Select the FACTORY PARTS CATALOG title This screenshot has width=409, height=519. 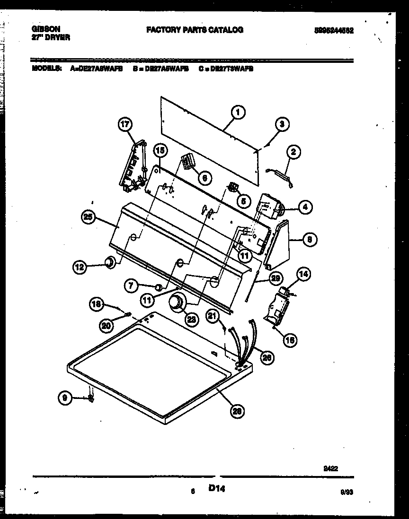click(195, 30)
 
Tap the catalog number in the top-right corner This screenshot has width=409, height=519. click(334, 30)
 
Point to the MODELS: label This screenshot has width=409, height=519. click(46, 68)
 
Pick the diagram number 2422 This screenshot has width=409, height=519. click(330, 469)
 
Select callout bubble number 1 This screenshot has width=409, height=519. click(238, 112)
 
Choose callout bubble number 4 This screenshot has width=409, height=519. click(305, 207)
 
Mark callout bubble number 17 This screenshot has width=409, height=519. click(125, 125)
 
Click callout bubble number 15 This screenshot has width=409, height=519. click(160, 151)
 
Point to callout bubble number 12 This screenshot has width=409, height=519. click(80, 267)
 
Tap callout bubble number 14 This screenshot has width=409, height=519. click(303, 274)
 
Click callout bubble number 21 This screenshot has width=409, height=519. click(213, 317)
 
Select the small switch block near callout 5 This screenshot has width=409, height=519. click(232, 188)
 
